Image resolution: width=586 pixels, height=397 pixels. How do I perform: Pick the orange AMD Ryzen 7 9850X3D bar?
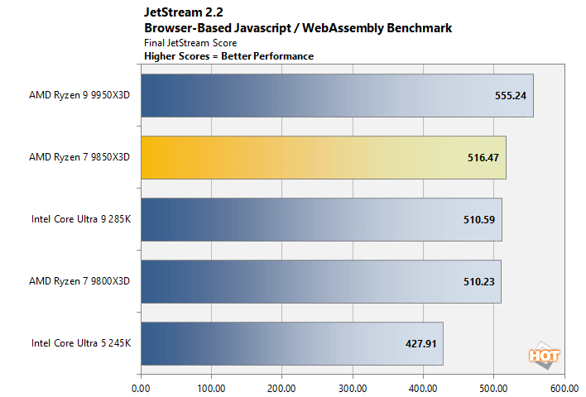coord(323,157)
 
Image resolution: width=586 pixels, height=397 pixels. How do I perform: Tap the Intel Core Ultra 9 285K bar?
coord(321,219)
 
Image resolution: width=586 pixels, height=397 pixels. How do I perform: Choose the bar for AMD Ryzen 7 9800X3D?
coord(320,281)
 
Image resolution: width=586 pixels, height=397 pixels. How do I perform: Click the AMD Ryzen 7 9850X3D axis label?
coord(80,157)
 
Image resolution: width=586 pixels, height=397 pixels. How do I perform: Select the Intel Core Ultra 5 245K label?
coord(81,343)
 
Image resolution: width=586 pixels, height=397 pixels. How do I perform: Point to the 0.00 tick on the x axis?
coord(141,385)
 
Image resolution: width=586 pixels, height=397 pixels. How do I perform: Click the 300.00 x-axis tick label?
coord(353,385)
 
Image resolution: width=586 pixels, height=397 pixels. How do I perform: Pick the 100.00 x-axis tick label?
coord(211,385)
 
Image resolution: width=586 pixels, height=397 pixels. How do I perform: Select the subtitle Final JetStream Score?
coord(190,42)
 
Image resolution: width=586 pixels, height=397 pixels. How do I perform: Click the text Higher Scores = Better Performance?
coord(228,55)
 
